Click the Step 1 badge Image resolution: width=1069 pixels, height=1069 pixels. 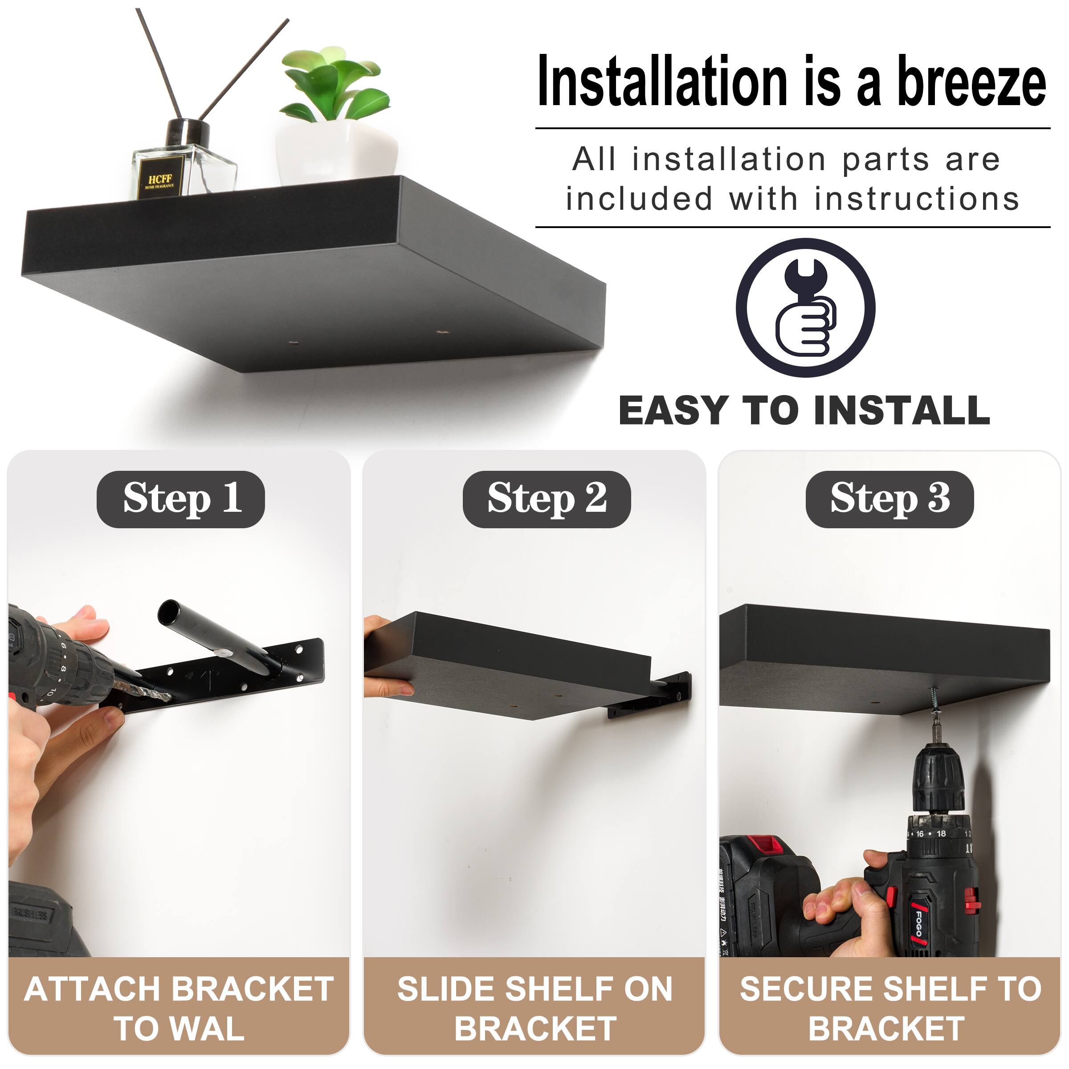click(x=181, y=499)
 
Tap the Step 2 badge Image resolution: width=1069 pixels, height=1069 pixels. click(x=547, y=499)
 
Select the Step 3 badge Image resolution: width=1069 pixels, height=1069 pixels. click(x=889, y=499)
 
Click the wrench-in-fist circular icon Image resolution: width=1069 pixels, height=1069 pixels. click(x=805, y=308)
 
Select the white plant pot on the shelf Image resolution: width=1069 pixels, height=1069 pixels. click(x=338, y=149)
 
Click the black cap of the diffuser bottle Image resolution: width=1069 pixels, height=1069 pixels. click(x=188, y=133)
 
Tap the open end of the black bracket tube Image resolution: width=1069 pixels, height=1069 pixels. click(x=169, y=612)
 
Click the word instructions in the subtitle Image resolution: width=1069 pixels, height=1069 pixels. click(x=917, y=199)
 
